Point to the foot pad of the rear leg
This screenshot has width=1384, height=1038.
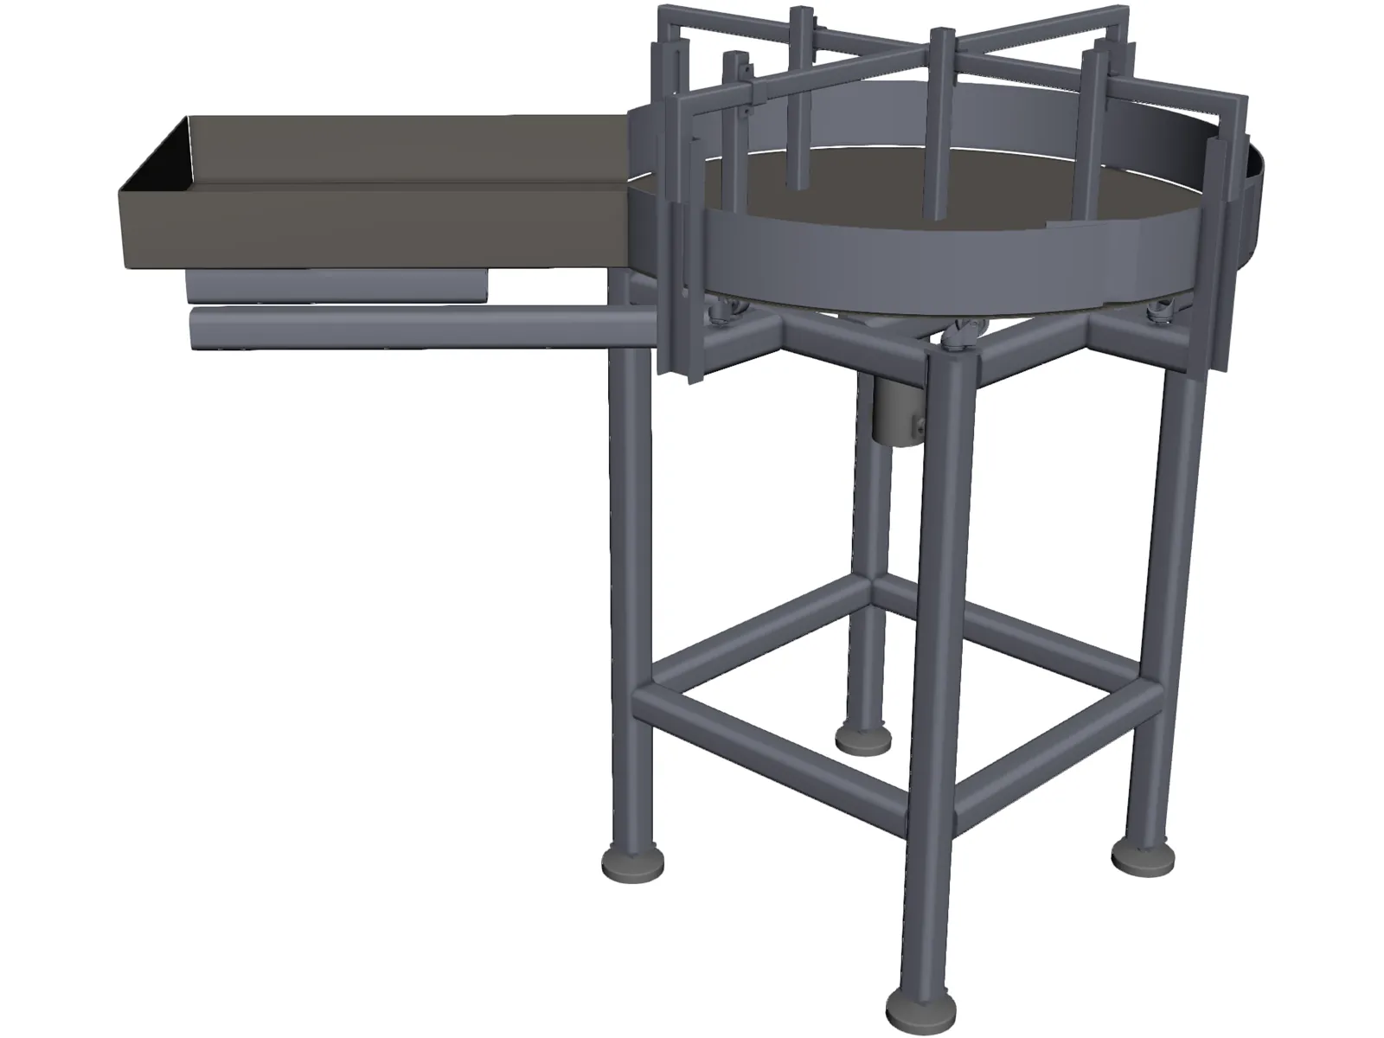click(863, 738)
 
